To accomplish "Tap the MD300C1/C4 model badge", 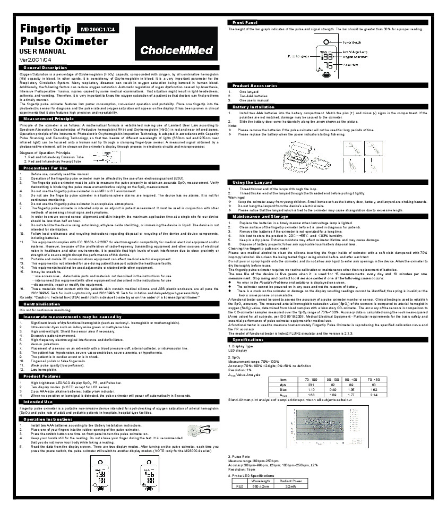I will [x=98, y=30].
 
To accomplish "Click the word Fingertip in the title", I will [x=43, y=29].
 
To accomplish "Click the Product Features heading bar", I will [x=42, y=376].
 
